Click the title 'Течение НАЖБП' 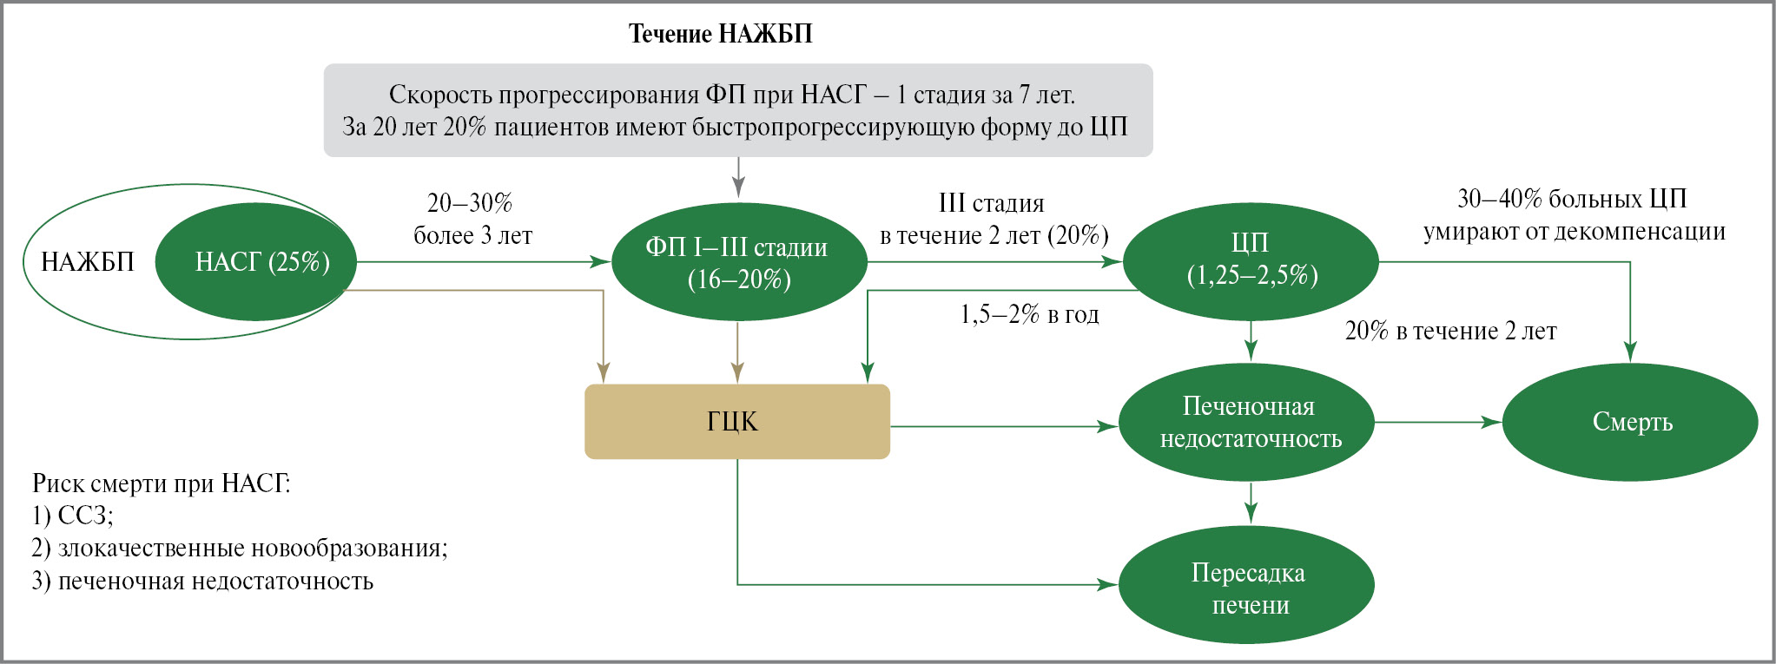point(720,34)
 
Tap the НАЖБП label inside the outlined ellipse point(88,261)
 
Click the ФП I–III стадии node point(739,262)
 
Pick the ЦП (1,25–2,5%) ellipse point(1251,259)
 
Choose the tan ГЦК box point(736,422)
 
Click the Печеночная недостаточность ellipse point(1249,423)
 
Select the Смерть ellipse point(1631,423)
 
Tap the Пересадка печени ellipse point(1247,588)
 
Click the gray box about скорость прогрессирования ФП point(738,110)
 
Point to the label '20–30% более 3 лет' point(472,219)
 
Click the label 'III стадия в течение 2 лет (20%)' point(994,219)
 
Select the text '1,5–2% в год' point(1029,314)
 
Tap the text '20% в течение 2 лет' point(1450,331)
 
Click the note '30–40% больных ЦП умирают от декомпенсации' point(1573,214)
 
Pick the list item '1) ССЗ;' point(73,516)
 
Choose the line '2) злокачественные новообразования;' point(240,549)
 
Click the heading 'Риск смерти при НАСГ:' point(162,483)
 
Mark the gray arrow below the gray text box point(738,178)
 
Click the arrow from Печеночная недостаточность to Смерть point(1437,423)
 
